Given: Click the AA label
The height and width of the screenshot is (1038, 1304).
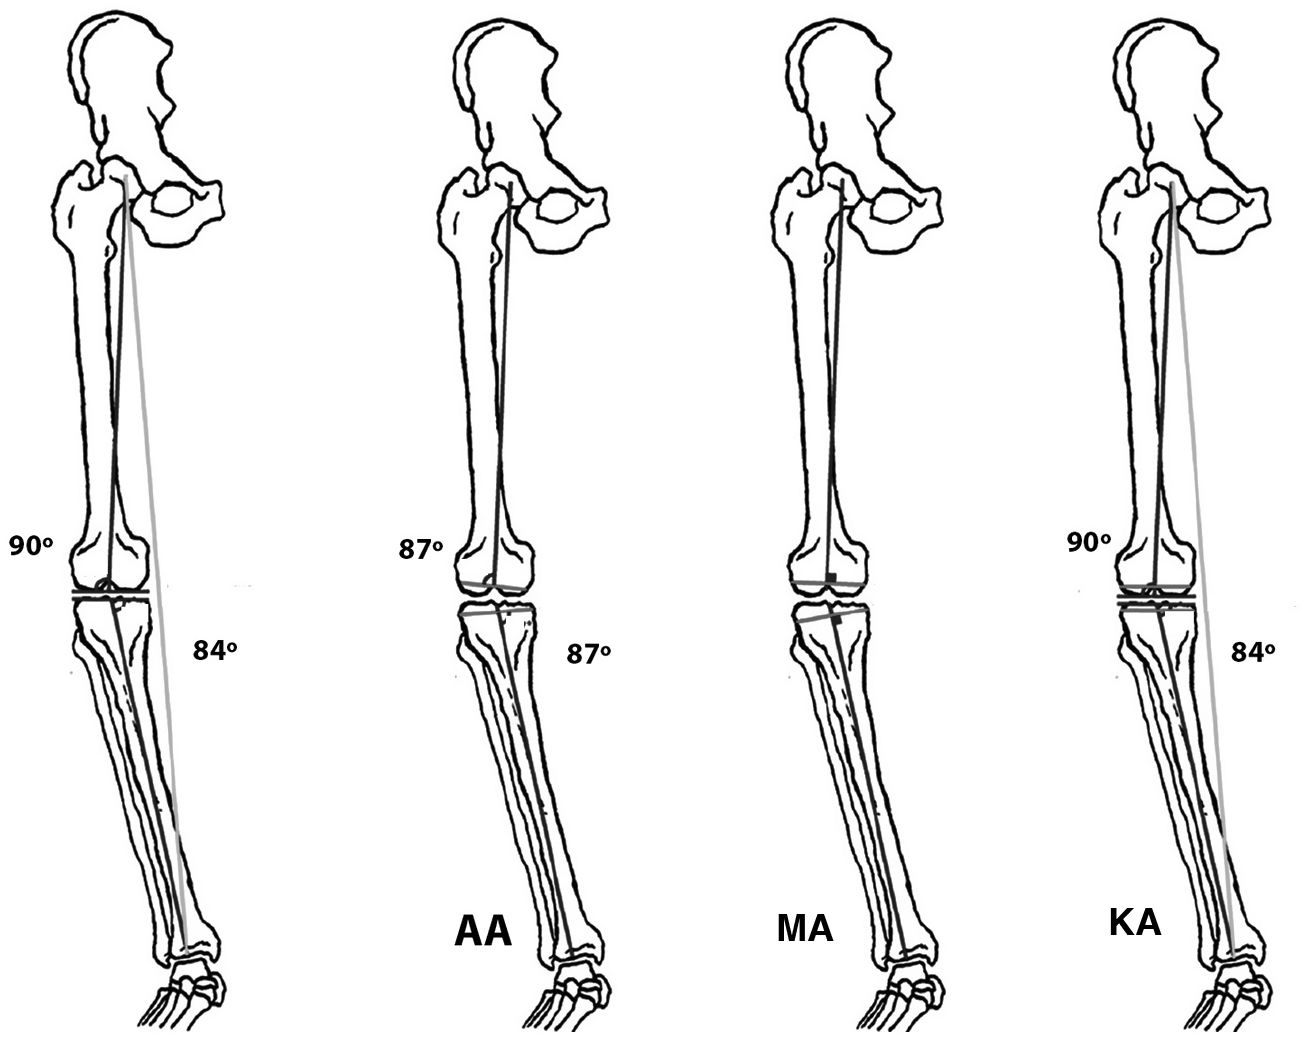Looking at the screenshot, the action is click(483, 931).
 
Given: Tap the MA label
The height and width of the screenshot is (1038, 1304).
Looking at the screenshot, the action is click(804, 929).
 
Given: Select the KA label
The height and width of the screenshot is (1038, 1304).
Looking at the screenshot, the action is click(1134, 921).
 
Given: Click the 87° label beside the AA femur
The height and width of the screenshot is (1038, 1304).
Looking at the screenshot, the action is click(421, 549).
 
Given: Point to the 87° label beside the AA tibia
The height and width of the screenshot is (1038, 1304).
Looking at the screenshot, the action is click(589, 654).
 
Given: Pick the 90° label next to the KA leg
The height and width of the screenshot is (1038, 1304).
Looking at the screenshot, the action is click(1090, 543).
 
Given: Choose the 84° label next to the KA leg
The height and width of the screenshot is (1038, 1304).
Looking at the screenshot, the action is click(1253, 652).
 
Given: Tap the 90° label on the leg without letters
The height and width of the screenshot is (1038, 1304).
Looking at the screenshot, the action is click(30, 546).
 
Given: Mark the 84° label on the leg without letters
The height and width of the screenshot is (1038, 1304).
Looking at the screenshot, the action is click(214, 650).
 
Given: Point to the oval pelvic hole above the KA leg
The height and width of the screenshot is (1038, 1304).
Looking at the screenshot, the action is click(1223, 206).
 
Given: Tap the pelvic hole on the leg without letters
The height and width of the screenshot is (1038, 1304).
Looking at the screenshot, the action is click(173, 204).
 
